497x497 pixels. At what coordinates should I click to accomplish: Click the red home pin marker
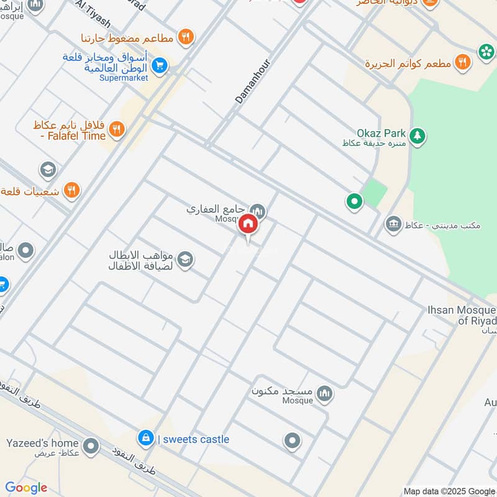coord(247,225)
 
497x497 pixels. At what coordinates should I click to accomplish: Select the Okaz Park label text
coord(381,133)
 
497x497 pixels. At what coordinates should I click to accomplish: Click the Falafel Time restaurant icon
coord(116,130)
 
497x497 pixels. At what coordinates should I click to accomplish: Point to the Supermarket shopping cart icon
coord(160,65)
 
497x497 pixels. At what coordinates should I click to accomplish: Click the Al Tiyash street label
coord(94,14)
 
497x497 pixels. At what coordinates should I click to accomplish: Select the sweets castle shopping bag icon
coord(145,439)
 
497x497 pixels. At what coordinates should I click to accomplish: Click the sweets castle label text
coord(194,439)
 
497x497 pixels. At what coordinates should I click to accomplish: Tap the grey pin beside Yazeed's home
coord(91,445)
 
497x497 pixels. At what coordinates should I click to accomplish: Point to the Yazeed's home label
coord(42,444)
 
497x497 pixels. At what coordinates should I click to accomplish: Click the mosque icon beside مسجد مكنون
coord(324,393)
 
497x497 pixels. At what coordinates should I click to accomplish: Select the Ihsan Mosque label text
coord(461,315)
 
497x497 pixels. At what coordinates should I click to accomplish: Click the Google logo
coord(26,488)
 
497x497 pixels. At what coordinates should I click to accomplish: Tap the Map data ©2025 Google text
coord(449,490)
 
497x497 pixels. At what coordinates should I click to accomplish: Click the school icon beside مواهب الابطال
coord(185,260)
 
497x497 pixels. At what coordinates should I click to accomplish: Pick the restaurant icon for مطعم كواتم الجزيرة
coord(462,62)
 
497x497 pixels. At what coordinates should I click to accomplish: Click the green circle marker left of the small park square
coord(354,201)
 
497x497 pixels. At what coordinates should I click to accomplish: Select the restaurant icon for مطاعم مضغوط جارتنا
coord(185,38)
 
